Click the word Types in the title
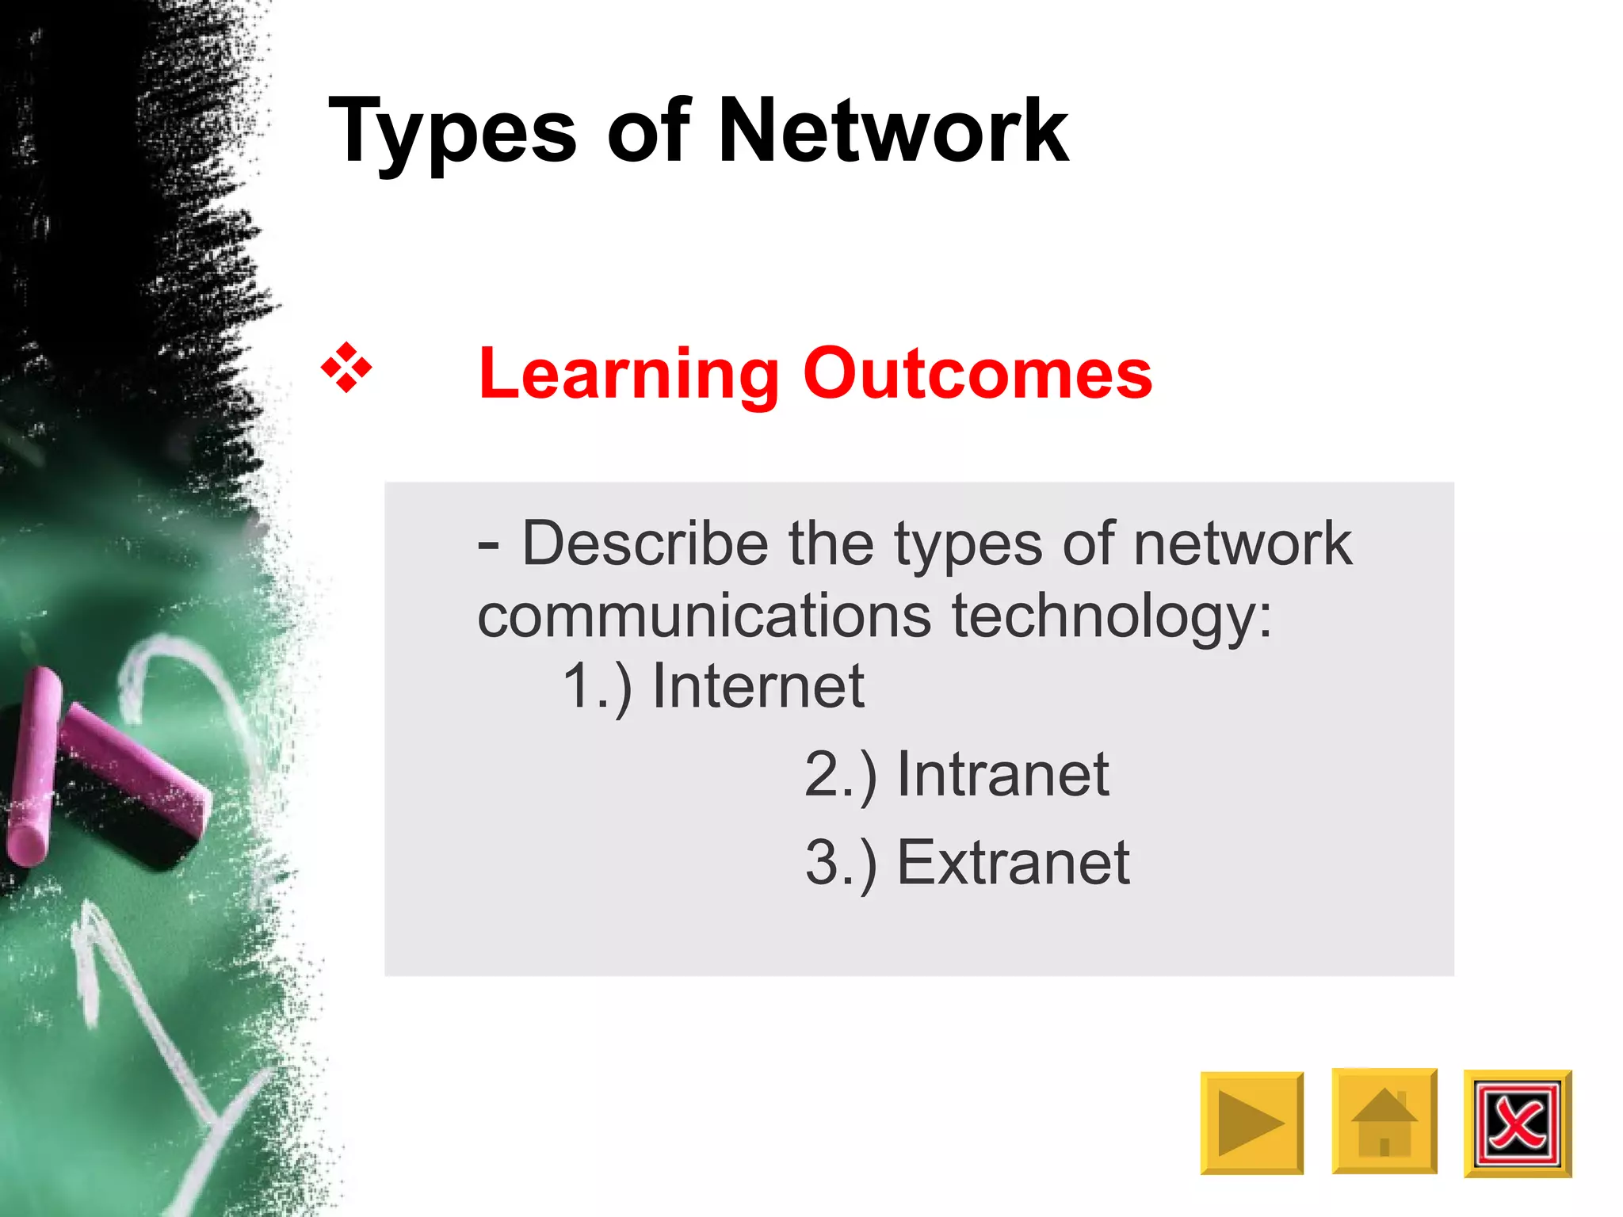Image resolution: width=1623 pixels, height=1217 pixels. tap(452, 131)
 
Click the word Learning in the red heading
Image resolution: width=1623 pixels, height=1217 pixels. tap(630, 374)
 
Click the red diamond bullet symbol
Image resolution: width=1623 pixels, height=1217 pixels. tap(346, 368)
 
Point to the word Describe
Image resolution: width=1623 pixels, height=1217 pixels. tap(645, 544)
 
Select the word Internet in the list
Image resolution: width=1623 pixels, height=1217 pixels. tap(758, 686)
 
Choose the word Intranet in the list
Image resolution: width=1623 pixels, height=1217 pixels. tap(1002, 774)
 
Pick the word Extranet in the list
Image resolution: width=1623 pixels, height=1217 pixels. tap(1013, 862)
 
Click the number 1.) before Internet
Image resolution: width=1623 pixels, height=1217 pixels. tap(597, 686)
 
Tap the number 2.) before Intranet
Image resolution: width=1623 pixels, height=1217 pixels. tap(841, 774)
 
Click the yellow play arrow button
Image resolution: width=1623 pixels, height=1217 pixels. tap(1251, 1123)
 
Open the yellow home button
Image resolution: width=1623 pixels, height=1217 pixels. tap(1384, 1121)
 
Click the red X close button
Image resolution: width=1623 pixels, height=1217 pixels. tap(1517, 1124)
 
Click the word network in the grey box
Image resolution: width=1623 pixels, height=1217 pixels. tap(1242, 544)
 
